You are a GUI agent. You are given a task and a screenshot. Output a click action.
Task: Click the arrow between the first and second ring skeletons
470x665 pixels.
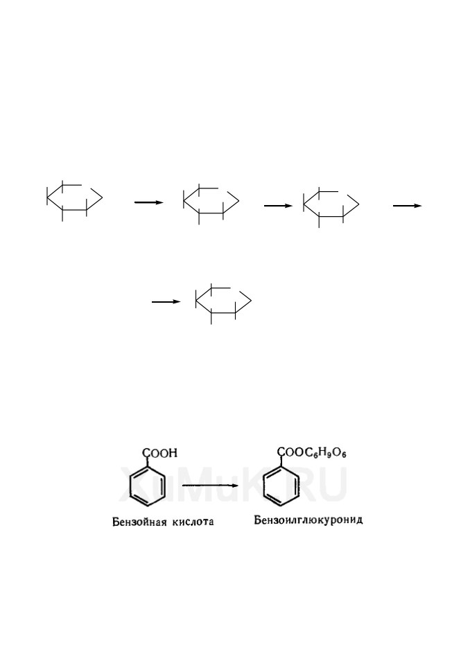[x=148, y=203]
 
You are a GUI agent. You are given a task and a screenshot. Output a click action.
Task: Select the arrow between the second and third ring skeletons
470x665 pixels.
[x=278, y=206]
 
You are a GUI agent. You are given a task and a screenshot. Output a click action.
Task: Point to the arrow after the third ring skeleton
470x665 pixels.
[x=407, y=206]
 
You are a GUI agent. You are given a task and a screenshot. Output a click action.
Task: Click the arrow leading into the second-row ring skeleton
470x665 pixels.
[x=166, y=302]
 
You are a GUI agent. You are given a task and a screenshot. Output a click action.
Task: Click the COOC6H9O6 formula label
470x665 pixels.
[x=313, y=453]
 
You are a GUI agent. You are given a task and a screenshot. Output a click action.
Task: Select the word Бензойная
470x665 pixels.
[x=139, y=522]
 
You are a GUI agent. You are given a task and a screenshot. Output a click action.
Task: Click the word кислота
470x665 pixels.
[x=193, y=522]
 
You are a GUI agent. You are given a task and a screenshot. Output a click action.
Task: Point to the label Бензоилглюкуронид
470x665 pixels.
[x=308, y=520]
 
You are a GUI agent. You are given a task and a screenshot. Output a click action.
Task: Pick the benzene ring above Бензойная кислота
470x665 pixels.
[x=131, y=488]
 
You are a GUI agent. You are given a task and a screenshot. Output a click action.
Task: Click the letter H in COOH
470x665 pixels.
[x=172, y=453]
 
